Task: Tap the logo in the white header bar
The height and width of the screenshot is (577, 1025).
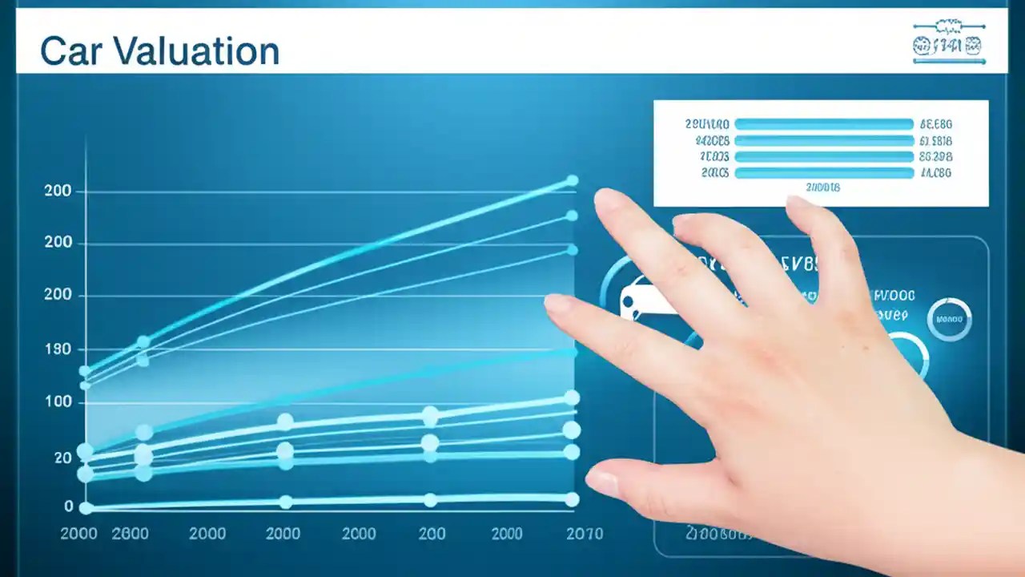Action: (x=949, y=43)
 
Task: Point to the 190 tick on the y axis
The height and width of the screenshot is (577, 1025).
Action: (x=58, y=349)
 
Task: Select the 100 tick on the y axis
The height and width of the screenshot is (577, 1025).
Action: (x=58, y=402)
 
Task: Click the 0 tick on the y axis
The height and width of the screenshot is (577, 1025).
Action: (x=68, y=506)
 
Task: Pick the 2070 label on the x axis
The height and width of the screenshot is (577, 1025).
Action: (x=585, y=534)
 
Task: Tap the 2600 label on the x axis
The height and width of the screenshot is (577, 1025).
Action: (x=130, y=534)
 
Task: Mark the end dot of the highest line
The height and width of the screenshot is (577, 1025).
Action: (x=572, y=181)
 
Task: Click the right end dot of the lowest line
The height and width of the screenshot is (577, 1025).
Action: (x=572, y=499)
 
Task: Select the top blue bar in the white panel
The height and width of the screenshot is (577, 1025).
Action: (x=824, y=124)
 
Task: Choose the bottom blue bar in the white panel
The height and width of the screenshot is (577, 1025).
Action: (x=824, y=173)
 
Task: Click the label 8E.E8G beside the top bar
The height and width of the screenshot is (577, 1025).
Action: (x=936, y=124)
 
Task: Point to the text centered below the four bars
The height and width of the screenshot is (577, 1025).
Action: (x=823, y=188)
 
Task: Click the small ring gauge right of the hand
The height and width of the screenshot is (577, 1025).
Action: (x=950, y=319)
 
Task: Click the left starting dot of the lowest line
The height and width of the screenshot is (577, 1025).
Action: (x=86, y=507)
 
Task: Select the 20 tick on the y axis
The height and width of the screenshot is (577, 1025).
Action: (x=62, y=458)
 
